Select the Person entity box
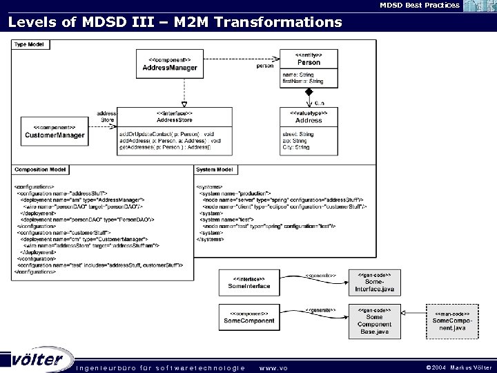coord(309,69)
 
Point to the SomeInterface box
coord(249,282)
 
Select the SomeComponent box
coord(249,318)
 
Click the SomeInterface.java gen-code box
coord(374,282)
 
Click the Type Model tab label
coord(27,44)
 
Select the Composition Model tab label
coord(41,169)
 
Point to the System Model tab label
coord(215,169)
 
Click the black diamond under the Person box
coord(310,92)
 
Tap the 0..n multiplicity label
coord(320,102)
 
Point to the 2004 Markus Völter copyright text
coord(458,367)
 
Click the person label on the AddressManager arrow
coord(264,66)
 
